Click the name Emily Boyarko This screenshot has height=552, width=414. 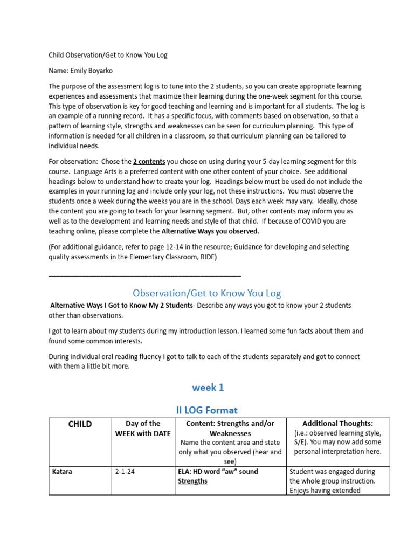tap(95, 71)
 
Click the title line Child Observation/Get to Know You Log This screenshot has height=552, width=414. tap(108, 55)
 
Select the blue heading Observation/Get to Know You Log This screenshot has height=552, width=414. tap(207, 293)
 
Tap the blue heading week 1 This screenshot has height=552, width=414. tap(207, 387)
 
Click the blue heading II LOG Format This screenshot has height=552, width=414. tap(207, 410)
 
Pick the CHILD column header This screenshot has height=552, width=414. tap(80, 424)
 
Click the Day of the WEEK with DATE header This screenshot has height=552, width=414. tap(143, 429)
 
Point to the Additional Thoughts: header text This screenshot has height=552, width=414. tap(337, 424)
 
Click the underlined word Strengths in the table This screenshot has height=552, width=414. tap(192, 481)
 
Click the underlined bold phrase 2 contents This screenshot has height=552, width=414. tap(149, 162)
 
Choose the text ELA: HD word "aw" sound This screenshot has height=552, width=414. tap(218, 472)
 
